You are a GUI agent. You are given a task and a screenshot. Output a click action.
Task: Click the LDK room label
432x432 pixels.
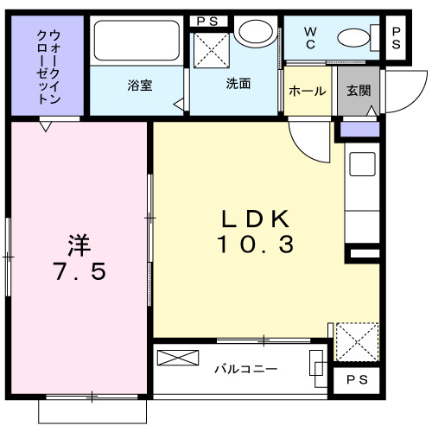pyautogui.click(x=255, y=217)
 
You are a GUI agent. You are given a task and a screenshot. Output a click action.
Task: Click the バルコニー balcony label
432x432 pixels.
pyautogui.click(x=245, y=369)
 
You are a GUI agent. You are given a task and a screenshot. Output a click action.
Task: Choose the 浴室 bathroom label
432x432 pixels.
pyautogui.click(x=140, y=86)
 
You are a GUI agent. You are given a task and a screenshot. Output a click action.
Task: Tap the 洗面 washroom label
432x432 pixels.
pyautogui.click(x=238, y=84)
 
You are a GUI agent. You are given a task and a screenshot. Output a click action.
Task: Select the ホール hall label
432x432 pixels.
pyautogui.click(x=306, y=91)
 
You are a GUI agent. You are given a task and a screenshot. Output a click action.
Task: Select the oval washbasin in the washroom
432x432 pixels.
pyautogui.click(x=254, y=35)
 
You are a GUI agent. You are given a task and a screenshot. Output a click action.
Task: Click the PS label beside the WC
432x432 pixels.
pyautogui.click(x=397, y=38)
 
